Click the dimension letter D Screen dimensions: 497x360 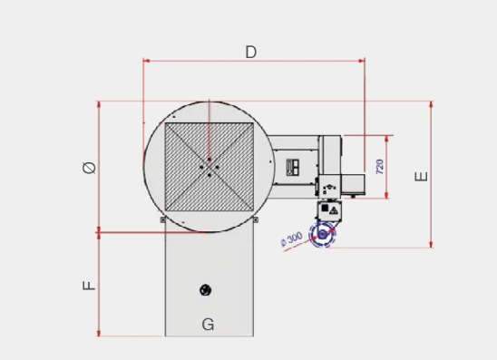250,52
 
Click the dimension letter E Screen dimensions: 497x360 421,176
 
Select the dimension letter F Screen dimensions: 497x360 89,286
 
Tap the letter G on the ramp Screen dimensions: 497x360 208,325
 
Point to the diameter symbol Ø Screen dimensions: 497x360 89,168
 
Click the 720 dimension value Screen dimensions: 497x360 379,166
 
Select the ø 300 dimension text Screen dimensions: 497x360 292,238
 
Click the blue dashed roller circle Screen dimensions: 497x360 323,234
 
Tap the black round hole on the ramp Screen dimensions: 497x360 205,290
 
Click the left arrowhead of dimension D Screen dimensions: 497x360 146,61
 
